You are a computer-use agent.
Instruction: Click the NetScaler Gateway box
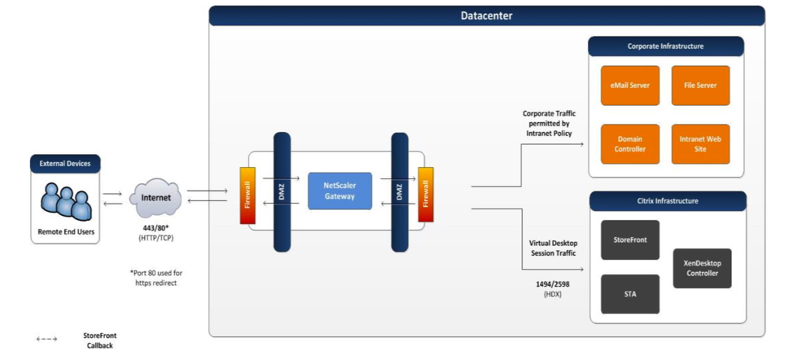[340, 191]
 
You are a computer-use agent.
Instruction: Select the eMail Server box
[630, 86]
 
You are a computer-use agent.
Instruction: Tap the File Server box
[700, 86]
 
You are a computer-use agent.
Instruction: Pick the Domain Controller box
[630, 144]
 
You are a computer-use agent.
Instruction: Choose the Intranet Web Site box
[700, 144]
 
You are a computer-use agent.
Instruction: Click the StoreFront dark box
[630, 239]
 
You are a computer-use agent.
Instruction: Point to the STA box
[630, 294]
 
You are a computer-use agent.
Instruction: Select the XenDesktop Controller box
[703, 268]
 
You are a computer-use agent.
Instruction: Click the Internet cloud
[156, 197]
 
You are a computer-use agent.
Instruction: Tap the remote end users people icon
[67, 201]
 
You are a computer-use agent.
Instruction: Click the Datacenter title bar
[487, 15]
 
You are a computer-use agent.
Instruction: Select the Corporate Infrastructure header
[666, 46]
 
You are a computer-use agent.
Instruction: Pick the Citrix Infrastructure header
[668, 201]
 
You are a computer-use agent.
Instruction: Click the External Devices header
[65, 164]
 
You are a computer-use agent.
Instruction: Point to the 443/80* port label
[156, 228]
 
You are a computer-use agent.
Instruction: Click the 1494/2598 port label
[553, 284]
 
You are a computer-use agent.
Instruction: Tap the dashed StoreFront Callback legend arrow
[46, 339]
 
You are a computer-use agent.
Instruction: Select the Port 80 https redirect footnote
[156, 278]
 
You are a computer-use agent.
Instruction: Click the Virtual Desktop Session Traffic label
[553, 248]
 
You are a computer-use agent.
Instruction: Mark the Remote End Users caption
[65, 232]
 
